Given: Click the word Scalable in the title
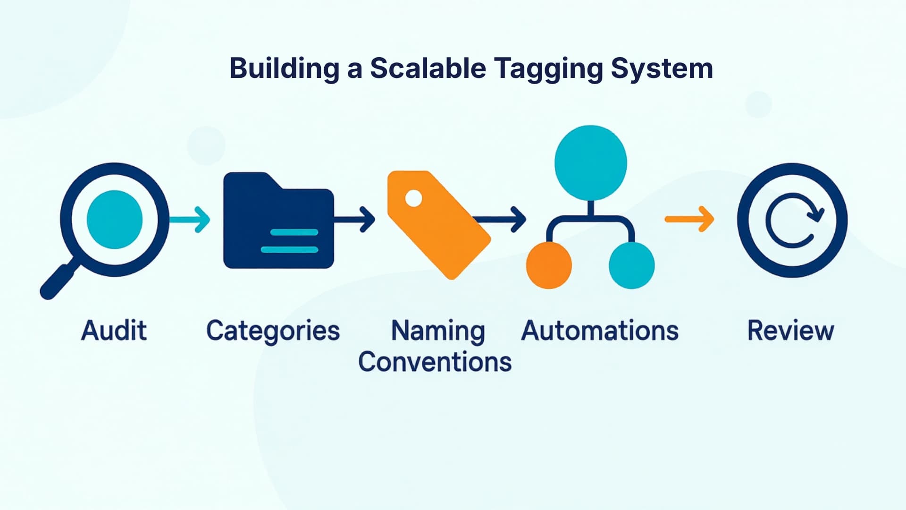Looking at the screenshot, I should [428, 68].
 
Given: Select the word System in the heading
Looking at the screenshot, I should [662, 68].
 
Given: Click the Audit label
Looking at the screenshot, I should [114, 330].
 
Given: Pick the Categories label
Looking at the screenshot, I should [273, 331].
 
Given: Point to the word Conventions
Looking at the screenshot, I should [435, 362].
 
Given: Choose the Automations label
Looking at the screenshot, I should [600, 330].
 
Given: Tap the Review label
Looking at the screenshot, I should [790, 330].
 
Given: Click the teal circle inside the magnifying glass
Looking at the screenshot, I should [115, 220].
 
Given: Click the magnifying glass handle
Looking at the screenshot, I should [58, 281].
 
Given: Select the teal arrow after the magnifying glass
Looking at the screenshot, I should [191, 220].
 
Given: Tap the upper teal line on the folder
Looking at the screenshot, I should [294, 232].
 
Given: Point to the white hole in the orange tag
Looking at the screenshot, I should [413, 198].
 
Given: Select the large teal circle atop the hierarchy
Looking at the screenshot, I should [590, 162].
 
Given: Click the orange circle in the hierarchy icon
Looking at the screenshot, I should [549, 265].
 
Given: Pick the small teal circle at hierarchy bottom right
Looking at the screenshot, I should [631, 265].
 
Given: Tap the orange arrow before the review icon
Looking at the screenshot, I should [689, 219].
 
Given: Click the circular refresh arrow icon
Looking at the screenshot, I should [793, 220].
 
